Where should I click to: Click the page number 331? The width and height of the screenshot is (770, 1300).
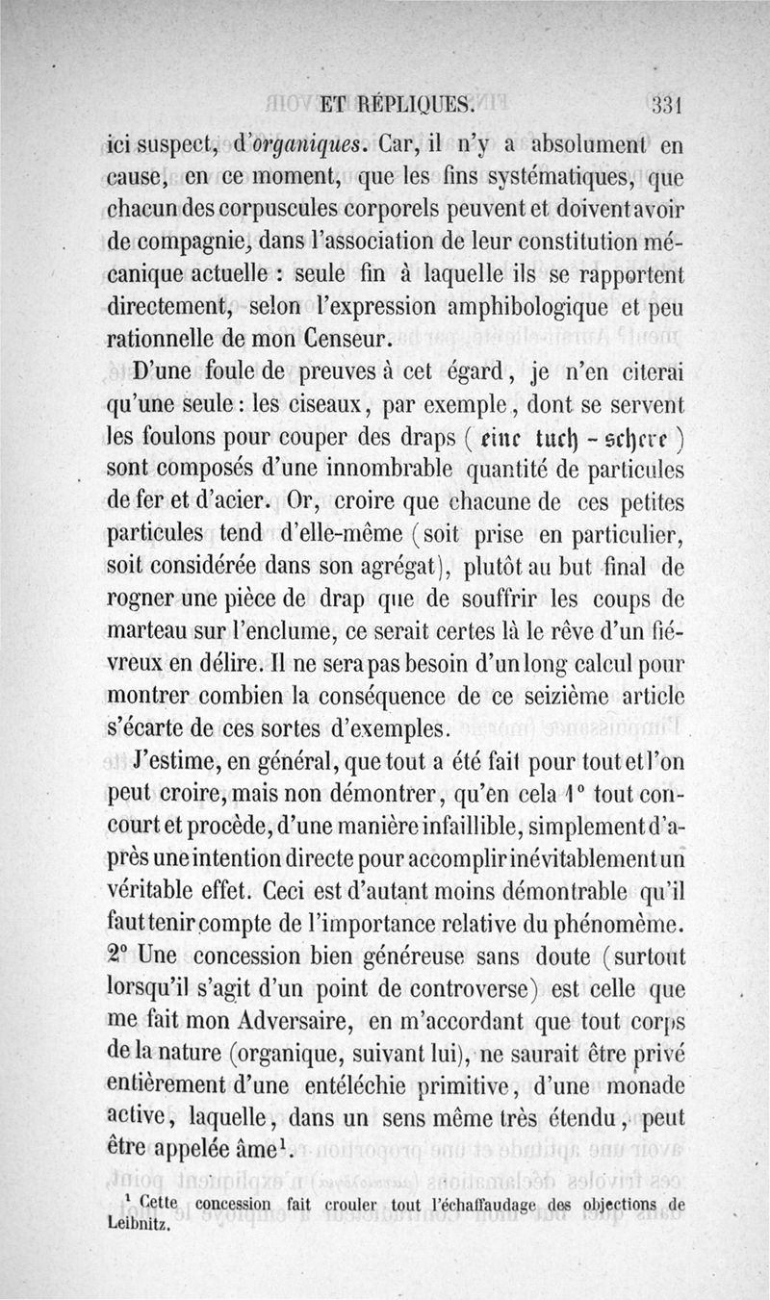[x=665, y=104]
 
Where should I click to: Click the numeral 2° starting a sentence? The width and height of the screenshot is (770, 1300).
[x=117, y=957]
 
